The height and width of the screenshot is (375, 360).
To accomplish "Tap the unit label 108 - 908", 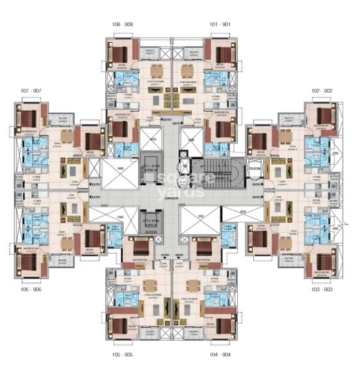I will [x=122, y=24].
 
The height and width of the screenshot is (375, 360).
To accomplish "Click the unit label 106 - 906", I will [x=30, y=289].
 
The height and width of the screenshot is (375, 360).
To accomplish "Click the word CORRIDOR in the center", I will [x=170, y=199].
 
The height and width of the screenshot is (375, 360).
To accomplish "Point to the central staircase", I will [x=217, y=171].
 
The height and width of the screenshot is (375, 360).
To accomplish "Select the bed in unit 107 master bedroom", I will [x=27, y=119].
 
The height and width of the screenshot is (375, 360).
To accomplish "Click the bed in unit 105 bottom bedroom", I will [x=120, y=325].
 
